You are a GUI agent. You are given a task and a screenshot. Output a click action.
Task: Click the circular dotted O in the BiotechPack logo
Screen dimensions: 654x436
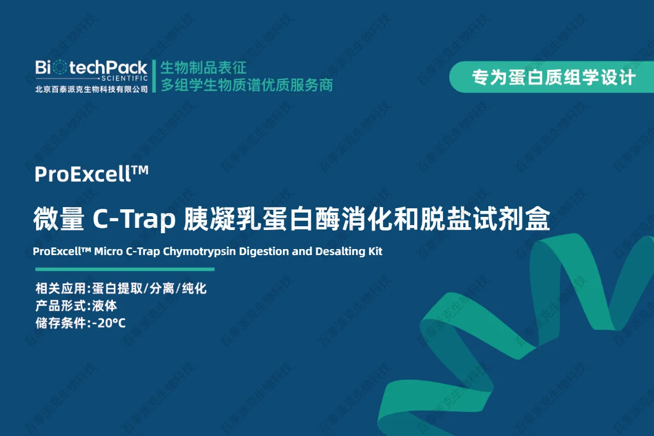[60, 68]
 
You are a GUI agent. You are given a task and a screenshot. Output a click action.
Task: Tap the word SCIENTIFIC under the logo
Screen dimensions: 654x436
[125, 78]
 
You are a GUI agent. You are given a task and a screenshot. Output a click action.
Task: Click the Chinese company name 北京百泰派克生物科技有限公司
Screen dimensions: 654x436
[92, 89]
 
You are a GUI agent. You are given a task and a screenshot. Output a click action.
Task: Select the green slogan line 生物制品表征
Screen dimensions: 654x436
[203, 68]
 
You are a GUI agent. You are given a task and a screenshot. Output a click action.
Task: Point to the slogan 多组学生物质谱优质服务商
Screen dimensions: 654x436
[247, 85]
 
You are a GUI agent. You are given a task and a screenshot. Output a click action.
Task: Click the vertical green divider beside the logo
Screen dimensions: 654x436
[154, 76]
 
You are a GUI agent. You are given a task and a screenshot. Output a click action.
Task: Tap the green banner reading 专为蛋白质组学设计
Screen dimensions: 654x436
[552, 77]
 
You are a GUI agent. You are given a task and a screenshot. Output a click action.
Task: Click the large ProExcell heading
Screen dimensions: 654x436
[92, 174]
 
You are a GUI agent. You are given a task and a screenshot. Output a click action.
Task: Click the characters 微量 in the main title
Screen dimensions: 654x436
[59, 219]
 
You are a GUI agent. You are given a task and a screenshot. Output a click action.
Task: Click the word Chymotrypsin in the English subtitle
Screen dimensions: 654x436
[199, 251]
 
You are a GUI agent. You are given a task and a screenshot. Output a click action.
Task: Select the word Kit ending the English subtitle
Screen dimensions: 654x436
[375, 251]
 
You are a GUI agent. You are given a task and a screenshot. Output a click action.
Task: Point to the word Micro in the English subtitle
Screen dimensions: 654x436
[108, 251]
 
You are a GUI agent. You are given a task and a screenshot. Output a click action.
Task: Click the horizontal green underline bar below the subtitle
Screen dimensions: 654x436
[125, 269]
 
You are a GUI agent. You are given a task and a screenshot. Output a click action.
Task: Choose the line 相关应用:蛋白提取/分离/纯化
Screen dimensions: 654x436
[121, 288]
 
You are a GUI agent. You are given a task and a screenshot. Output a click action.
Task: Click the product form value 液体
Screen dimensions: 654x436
[105, 306]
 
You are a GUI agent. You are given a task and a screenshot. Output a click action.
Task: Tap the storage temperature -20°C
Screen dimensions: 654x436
[109, 323]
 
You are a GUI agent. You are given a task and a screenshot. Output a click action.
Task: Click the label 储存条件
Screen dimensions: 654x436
[60, 323]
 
